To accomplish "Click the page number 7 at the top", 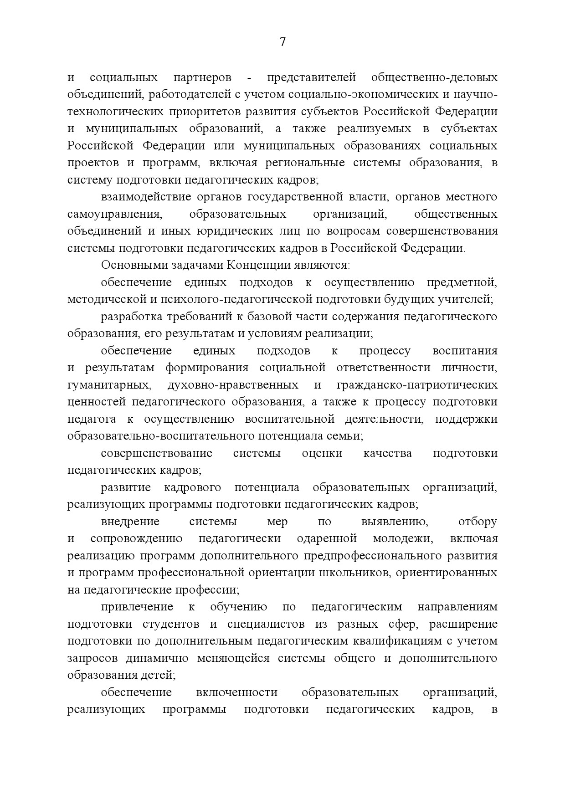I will [x=282, y=42].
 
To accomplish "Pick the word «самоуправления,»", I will [x=114, y=214].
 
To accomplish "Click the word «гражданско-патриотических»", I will [x=417, y=385].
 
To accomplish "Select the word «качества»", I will [x=388, y=453].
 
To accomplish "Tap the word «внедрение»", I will [x=130, y=522].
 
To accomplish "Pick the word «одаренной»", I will [x=326, y=539].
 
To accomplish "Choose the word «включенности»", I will [x=237, y=693].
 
